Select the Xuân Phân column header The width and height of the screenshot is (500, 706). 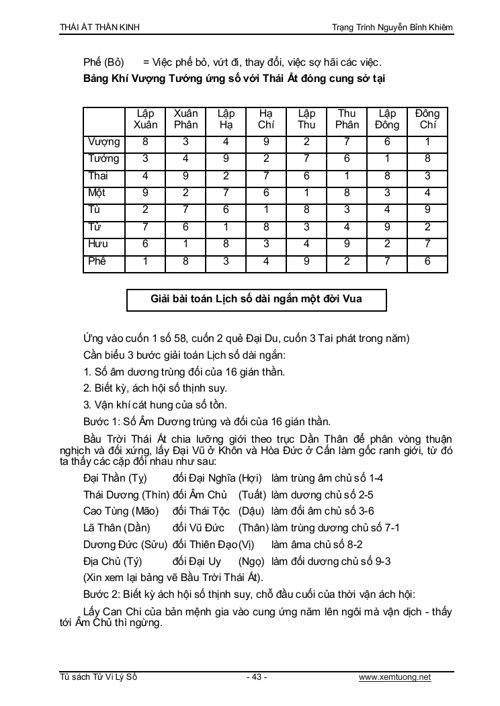coord(186,119)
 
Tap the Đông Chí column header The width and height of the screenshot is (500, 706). coord(427,119)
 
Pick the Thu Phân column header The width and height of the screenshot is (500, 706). coord(347,119)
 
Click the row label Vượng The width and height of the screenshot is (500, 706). coord(104,142)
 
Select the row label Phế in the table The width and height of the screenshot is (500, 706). coord(97,261)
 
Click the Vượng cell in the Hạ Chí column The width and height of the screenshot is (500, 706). coord(266,142)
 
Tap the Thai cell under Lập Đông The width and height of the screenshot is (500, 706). coord(387,176)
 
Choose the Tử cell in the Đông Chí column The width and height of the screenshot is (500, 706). coord(427,227)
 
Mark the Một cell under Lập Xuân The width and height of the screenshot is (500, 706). coord(146,193)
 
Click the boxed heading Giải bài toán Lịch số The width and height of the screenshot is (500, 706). coord(256,299)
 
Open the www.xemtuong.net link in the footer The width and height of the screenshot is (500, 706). coord(395,677)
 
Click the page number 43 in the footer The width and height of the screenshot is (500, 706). coord(256,677)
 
